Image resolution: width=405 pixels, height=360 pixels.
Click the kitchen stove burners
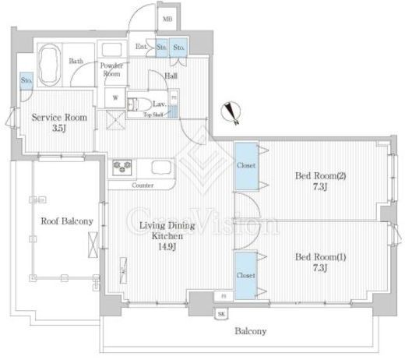click(123, 167)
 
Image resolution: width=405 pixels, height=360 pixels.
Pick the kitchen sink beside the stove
click(160, 168)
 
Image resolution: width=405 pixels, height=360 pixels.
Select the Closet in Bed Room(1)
click(245, 274)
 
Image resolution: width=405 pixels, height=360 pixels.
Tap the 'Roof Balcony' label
click(66, 221)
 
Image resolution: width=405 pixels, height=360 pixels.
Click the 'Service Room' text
click(58, 118)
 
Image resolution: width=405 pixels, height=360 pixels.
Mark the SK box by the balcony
click(221, 313)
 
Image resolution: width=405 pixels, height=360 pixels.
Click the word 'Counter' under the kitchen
click(143, 185)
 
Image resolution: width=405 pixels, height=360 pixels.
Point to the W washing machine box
click(116, 99)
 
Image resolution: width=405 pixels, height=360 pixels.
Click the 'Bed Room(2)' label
click(320, 175)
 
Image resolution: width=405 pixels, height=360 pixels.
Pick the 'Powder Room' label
click(111, 70)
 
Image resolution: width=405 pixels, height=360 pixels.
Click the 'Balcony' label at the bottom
click(251, 331)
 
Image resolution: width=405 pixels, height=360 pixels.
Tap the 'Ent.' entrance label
click(142, 47)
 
